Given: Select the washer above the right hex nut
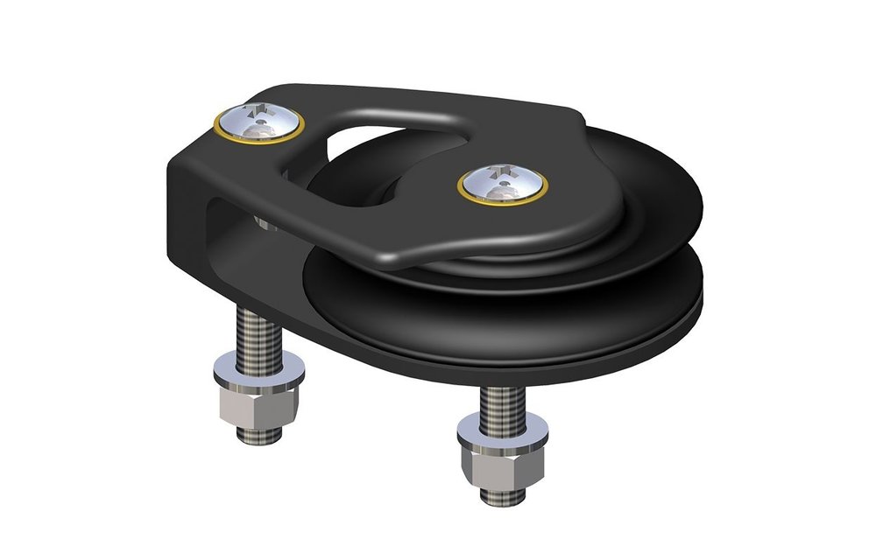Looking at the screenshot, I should click(x=502, y=431).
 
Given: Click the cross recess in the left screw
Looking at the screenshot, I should click(x=257, y=111).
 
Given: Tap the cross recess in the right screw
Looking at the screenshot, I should click(x=500, y=172).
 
